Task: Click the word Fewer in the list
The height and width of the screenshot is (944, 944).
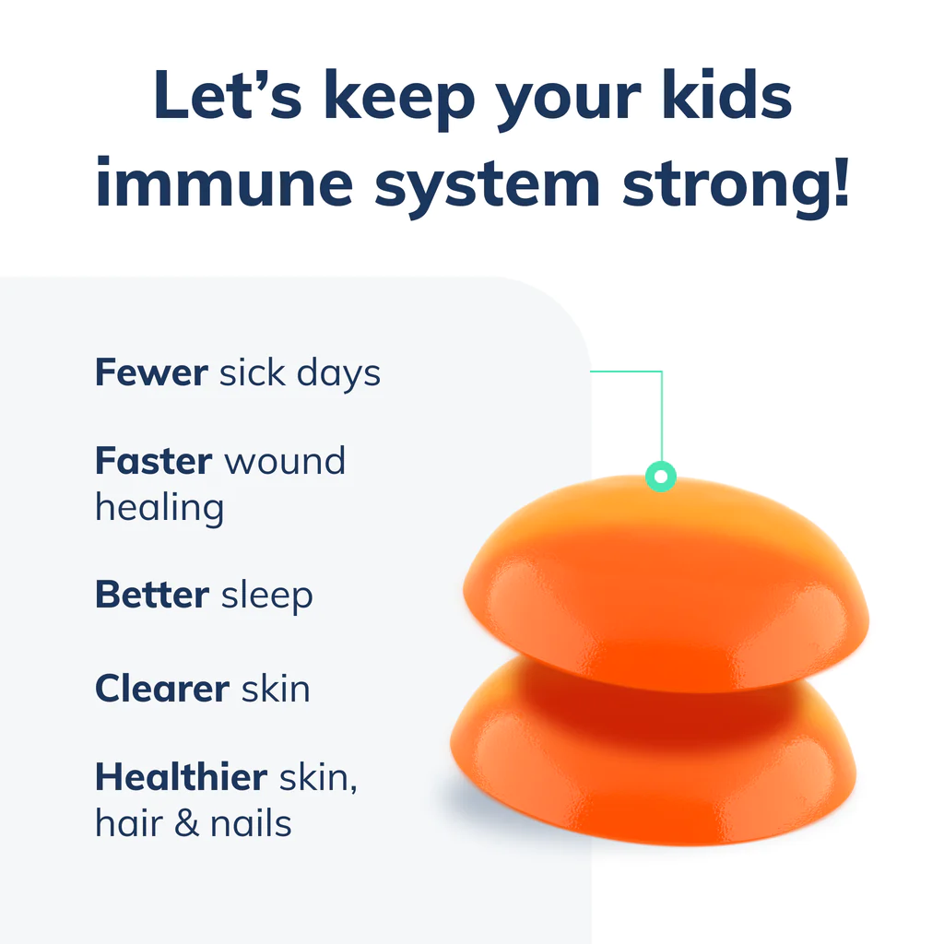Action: pyautogui.click(x=151, y=372)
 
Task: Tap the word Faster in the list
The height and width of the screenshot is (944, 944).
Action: pyautogui.click(x=154, y=460)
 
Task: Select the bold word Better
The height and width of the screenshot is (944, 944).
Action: pyautogui.click(x=152, y=595)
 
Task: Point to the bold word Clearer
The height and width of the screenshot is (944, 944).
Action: pyautogui.click(x=162, y=689)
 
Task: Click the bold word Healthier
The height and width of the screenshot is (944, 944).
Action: pyautogui.click(x=181, y=777)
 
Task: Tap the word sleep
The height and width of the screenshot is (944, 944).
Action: pyautogui.click(x=267, y=596)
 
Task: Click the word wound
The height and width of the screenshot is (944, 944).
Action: pyautogui.click(x=285, y=460)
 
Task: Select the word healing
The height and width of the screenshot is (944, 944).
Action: pyautogui.click(x=159, y=508)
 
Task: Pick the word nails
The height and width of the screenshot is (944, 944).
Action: pyautogui.click(x=251, y=823)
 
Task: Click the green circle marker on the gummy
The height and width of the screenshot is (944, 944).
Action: pyautogui.click(x=660, y=477)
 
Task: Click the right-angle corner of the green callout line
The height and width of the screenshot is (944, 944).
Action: pyautogui.click(x=662, y=372)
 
